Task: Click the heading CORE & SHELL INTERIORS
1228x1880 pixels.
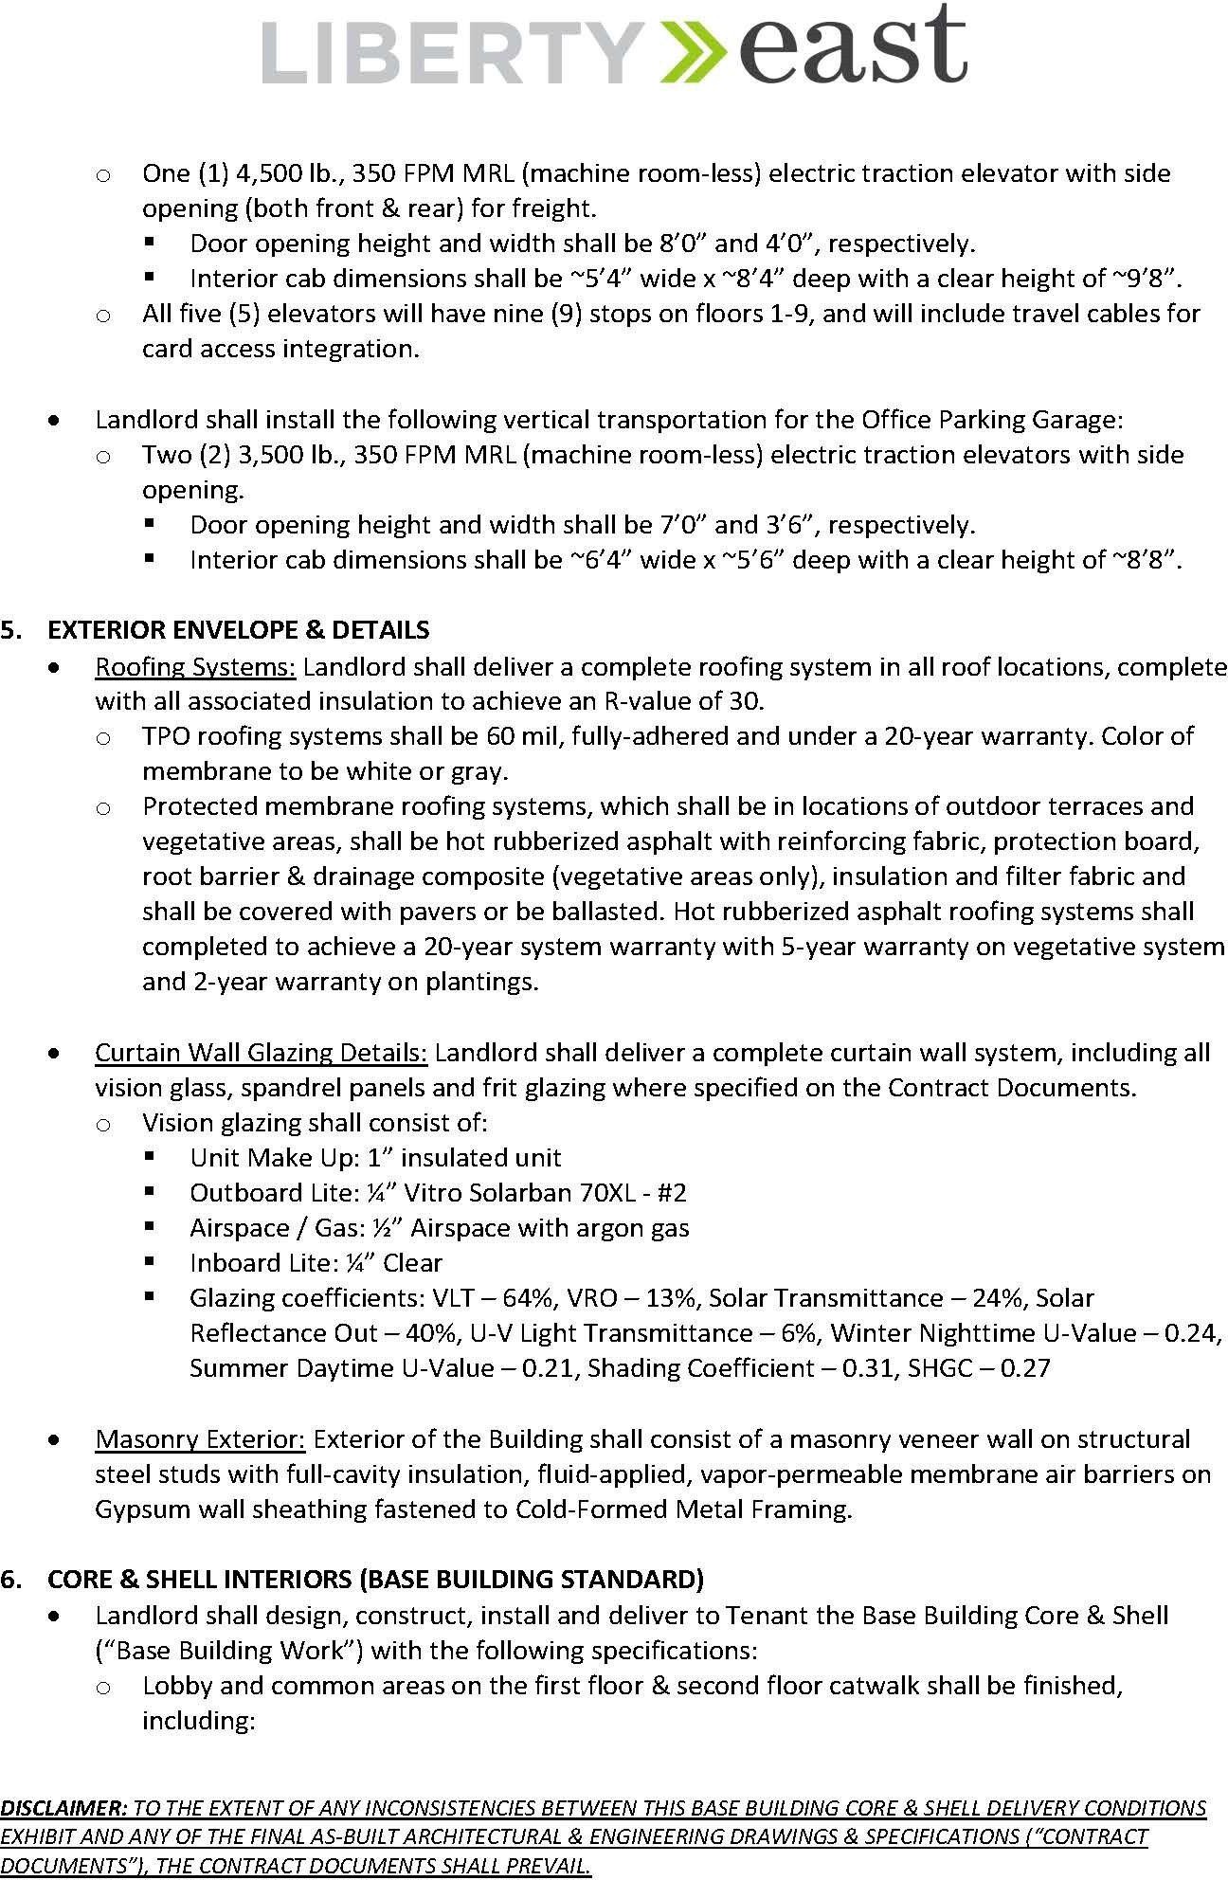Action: click(375, 1580)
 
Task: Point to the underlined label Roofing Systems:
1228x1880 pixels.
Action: click(195, 666)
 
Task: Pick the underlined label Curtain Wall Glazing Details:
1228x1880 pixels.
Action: click(261, 1053)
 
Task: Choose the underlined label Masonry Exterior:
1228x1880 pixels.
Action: click(200, 1439)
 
